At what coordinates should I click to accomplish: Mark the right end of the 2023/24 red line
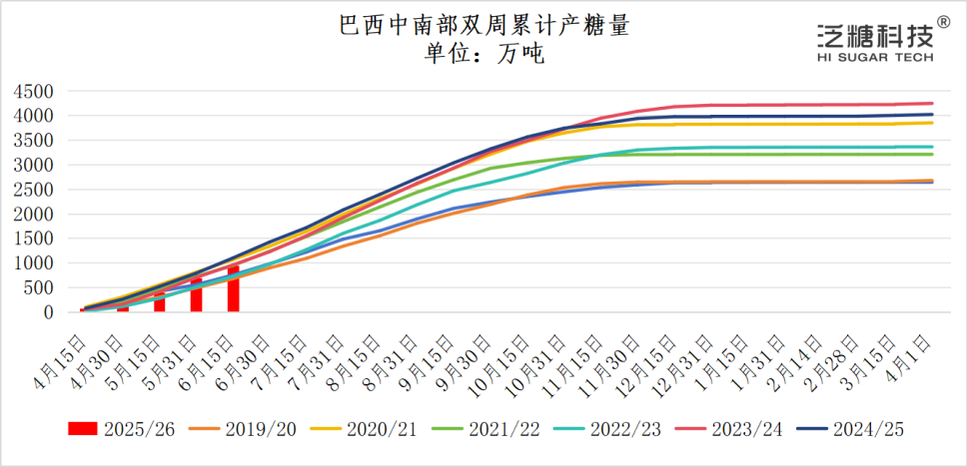click(932, 103)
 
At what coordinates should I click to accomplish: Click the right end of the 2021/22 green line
click(932, 154)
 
